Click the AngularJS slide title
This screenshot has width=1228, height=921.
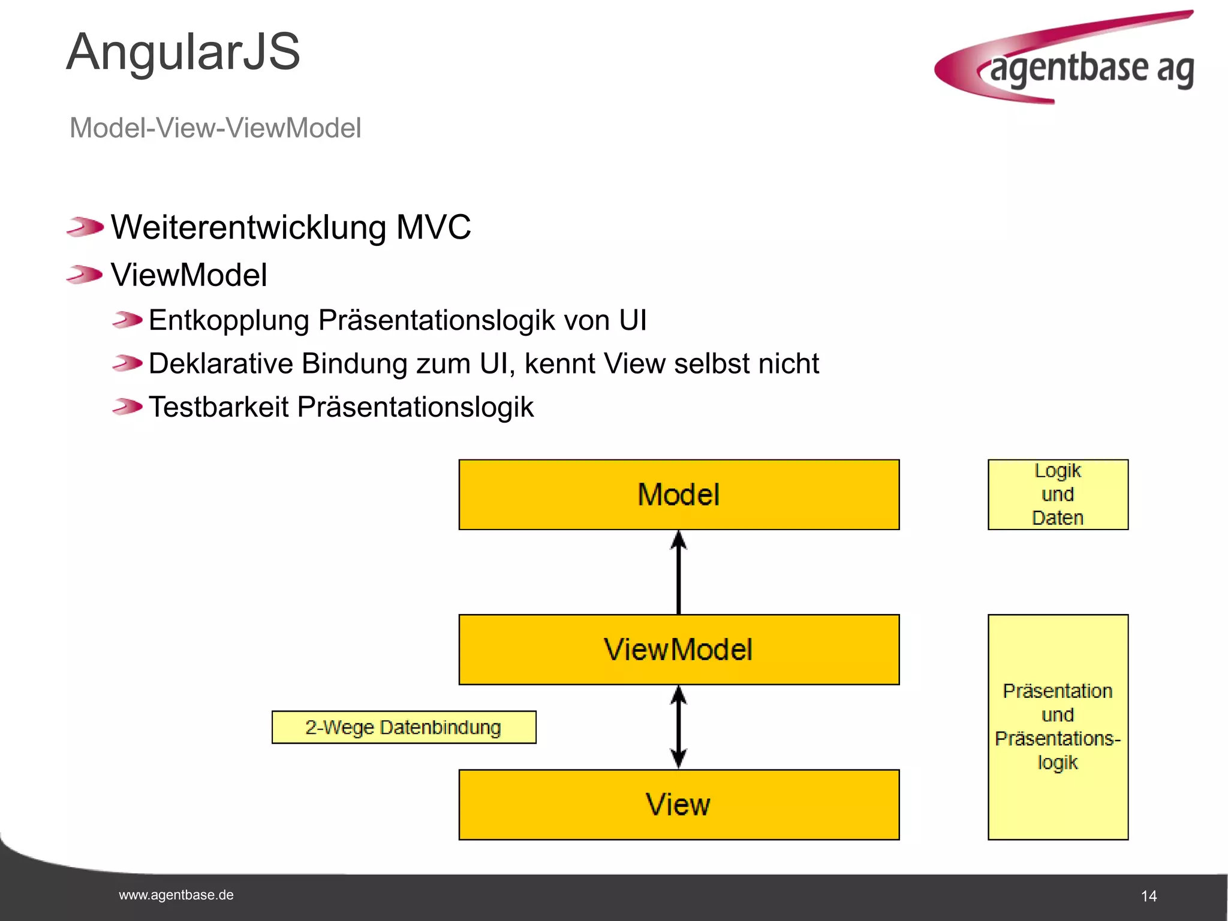click(183, 52)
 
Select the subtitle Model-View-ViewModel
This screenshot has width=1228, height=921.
click(215, 128)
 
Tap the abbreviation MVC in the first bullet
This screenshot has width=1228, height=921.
click(434, 228)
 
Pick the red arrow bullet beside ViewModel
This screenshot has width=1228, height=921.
click(85, 275)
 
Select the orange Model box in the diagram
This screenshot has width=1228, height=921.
click(679, 495)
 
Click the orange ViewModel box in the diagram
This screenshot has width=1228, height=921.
click(679, 649)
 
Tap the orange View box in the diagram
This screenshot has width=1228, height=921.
click(679, 805)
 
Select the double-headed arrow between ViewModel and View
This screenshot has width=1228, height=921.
click(679, 727)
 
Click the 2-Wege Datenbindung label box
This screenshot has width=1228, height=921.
click(404, 727)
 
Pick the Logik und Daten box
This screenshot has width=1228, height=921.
click(1058, 495)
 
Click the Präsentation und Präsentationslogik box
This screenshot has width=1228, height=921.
click(1058, 727)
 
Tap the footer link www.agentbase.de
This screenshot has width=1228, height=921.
click(176, 895)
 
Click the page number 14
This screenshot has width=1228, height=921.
click(1148, 896)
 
